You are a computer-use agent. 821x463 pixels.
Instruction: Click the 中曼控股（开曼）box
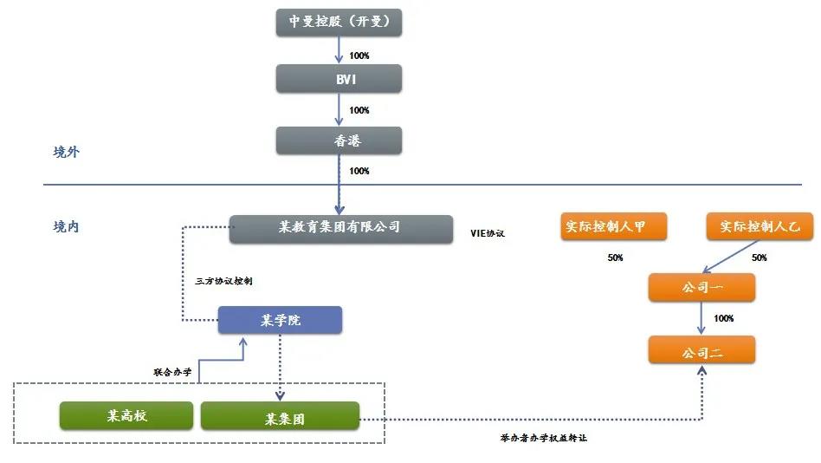click(339, 23)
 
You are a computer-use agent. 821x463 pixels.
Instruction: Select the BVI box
click(339, 79)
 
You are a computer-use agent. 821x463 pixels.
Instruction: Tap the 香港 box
click(339, 140)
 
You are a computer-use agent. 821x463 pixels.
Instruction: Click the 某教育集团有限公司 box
click(341, 228)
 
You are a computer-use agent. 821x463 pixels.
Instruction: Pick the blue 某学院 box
click(280, 320)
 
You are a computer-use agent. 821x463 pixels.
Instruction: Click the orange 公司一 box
click(702, 287)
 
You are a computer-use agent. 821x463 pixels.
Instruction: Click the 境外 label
click(67, 153)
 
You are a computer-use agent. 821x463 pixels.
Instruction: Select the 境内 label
click(67, 227)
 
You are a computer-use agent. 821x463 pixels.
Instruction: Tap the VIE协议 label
click(487, 234)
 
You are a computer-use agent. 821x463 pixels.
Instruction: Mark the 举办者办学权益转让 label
click(544, 438)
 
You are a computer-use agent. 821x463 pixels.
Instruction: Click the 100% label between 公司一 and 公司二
click(723, 319)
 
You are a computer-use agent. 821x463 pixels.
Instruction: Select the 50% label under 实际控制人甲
click(615, 258)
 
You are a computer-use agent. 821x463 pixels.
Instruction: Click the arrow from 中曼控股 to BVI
click(339, 50)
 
